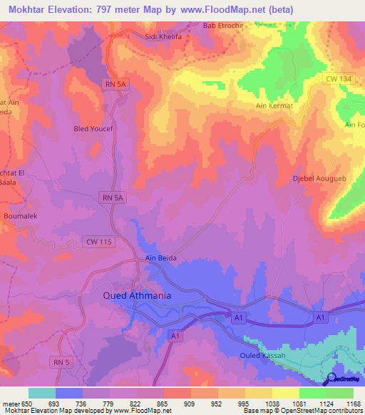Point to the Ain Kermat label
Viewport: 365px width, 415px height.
tap(275, 106)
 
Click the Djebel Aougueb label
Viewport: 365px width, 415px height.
tap(319, 178)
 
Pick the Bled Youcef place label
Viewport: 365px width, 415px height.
tap(93, 129)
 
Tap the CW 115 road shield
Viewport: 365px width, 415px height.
tap(97, 242)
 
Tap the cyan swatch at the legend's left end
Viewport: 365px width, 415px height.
tap(42, 393)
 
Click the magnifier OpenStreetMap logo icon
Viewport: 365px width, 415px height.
tap(330, 379)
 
